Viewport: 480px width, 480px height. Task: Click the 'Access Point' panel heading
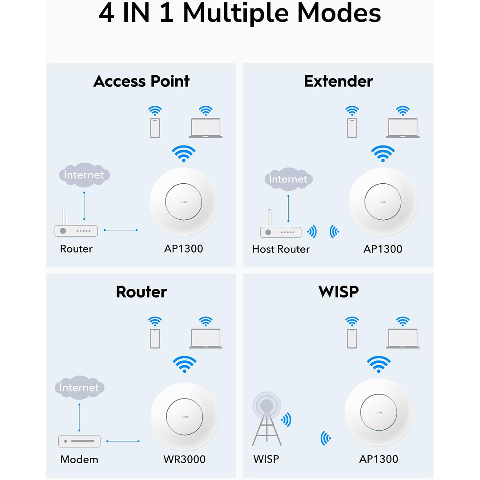141,81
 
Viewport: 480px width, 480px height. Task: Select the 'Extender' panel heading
338,81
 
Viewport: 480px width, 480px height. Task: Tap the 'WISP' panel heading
338,292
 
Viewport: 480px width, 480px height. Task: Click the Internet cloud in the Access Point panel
84,175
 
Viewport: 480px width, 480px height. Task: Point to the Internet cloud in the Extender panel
288,179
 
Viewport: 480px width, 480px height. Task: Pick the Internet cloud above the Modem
79,387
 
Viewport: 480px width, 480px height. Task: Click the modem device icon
79,441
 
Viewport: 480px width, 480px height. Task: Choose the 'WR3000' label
184,459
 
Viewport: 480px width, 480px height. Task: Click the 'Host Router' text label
281,249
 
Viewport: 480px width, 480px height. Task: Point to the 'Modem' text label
79,459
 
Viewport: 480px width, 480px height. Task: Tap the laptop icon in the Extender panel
403,128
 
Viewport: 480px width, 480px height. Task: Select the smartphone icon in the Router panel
155,338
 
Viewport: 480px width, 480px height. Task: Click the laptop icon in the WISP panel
403,338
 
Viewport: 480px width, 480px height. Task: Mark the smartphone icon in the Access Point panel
155,128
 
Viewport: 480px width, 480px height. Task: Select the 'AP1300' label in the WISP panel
379,459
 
